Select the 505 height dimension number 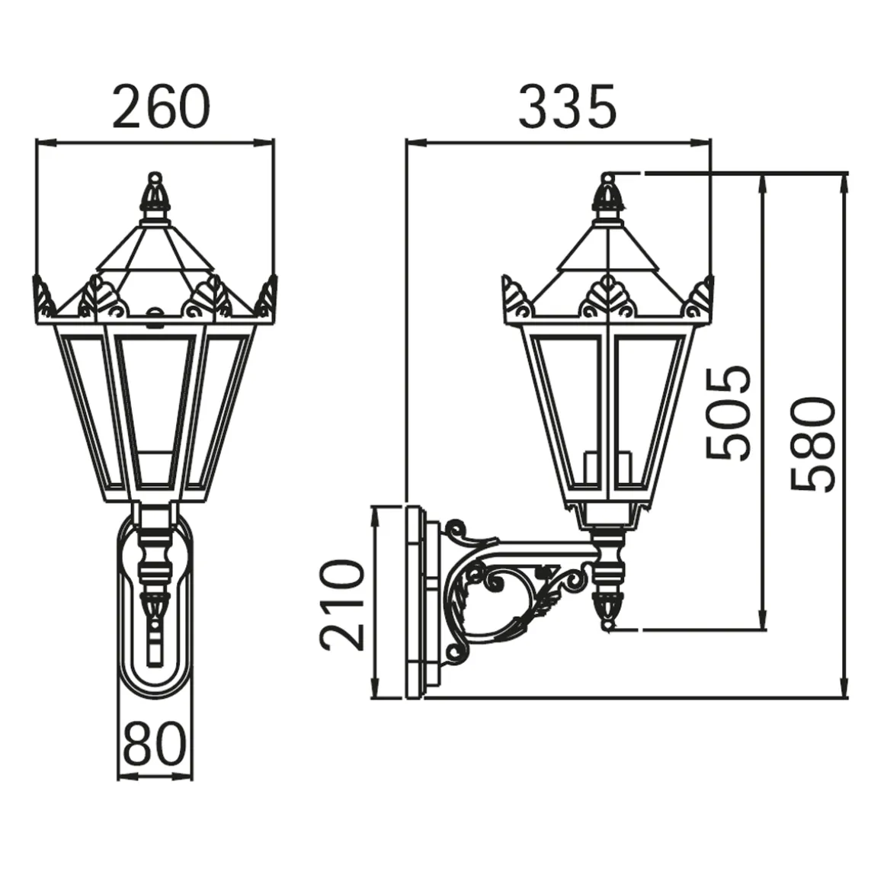pos(729,413)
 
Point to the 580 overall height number pos(812,444)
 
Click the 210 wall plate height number pos(341,605)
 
